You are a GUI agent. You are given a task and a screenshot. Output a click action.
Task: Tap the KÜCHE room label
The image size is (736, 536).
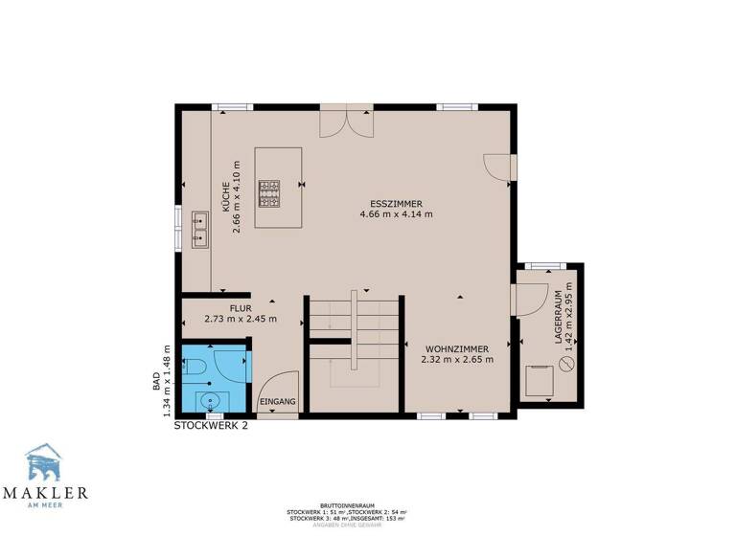[x=224, y=203]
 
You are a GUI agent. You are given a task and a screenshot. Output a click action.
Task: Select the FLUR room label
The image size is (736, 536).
[x=241, y=308]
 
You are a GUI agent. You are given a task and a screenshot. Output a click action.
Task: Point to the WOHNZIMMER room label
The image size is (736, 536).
[x=456, y=348]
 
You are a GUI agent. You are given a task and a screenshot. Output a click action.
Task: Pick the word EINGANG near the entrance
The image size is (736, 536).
[x=278, y=402]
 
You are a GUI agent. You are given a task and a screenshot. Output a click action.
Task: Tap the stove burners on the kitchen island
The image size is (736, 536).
[x=268, y=193]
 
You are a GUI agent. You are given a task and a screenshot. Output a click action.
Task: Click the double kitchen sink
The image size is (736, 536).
[x=200, y=231]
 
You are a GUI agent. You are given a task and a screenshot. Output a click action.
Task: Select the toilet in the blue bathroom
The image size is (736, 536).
[x=194, y=365]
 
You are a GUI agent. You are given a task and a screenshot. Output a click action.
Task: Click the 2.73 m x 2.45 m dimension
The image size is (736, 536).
[x=241, y=319]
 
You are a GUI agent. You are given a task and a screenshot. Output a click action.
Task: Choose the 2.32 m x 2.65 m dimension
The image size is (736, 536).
[x=456, y=360]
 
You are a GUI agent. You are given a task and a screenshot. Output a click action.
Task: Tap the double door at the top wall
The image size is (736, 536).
[x=345, y=123]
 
